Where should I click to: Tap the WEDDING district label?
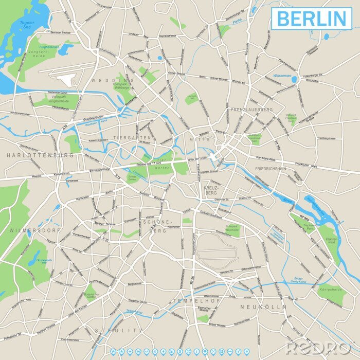click(x=113, y=81)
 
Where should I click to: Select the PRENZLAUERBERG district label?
click(x=252, y=110)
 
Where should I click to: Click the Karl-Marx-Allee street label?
click(x=267, y=157)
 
